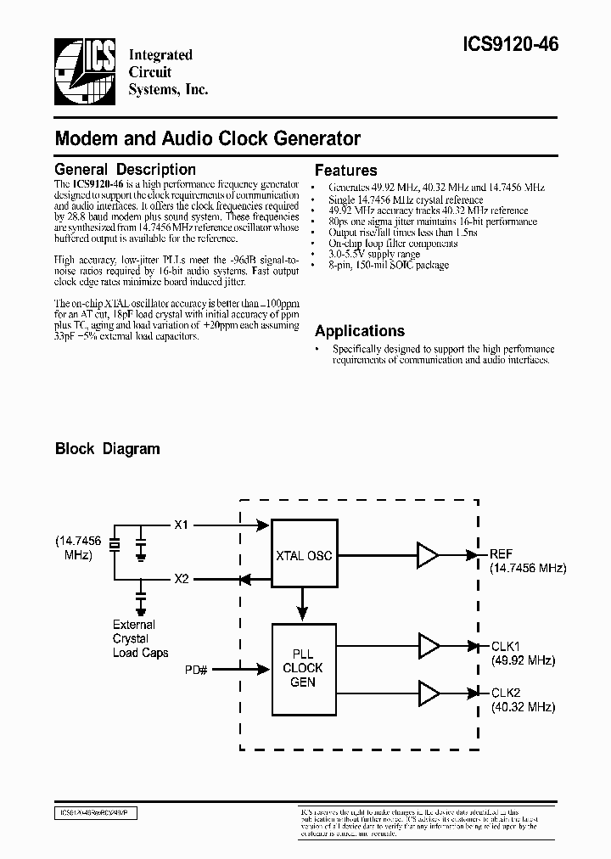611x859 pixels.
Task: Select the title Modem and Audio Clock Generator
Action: [x=208, y=138]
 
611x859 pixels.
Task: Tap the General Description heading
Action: [x=125, y=170]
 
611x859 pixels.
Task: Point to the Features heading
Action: [x=346, y=170]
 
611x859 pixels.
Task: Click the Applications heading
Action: [x=360, y=331]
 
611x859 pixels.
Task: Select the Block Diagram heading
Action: [x=108, y=448]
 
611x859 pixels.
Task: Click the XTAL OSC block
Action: [x=303, y=556]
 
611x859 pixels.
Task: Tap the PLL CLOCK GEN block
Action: [x=303, y=668]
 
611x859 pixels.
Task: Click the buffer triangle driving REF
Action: [x=428, y=555]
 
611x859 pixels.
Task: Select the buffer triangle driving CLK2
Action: [x=428, y=693]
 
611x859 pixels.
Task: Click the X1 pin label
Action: [x=182, y=525]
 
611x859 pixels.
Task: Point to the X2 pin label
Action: [x=182, y=580]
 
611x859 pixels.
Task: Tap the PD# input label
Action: [x=197, y=670]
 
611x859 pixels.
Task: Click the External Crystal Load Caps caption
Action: [x=140, y=638]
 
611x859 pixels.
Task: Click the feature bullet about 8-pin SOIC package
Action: [x=390, y=266]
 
